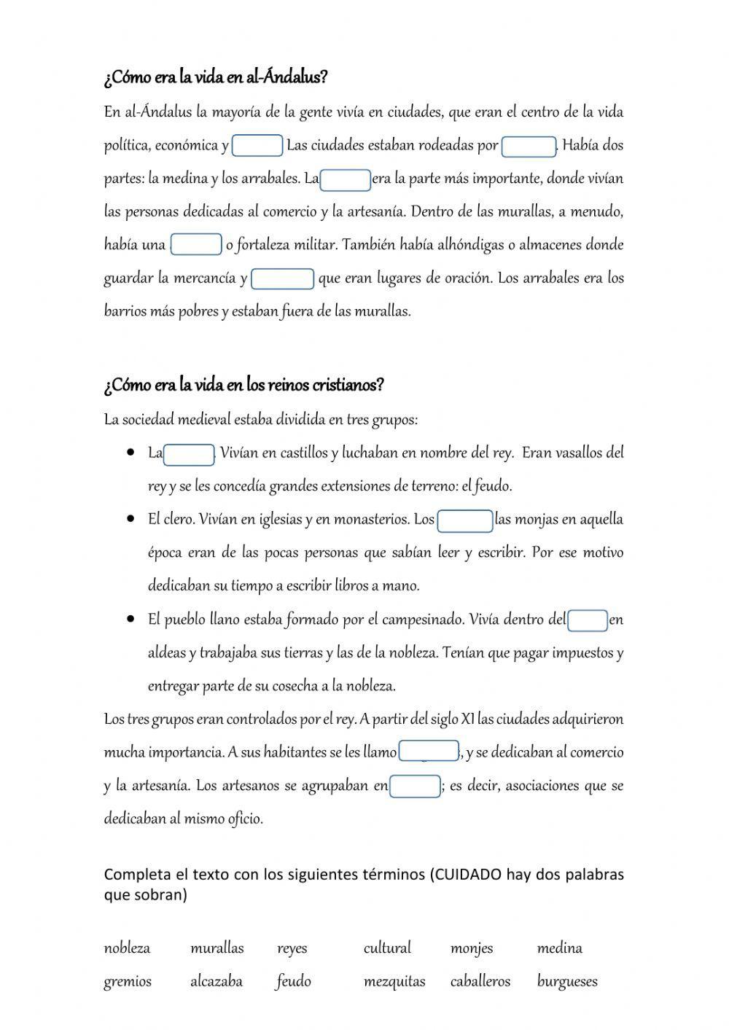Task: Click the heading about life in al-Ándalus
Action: pos(216,77)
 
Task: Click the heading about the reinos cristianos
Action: pos(243,385)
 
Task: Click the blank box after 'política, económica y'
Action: pos(257,146)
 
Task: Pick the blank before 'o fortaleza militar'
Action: pos(196,245)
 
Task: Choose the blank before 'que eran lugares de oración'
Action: pos(282,278)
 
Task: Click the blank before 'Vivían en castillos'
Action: pos(189,454)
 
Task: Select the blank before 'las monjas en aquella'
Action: pos(465,520)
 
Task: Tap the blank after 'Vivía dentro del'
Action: pos(588,620)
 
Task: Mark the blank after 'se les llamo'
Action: pos(429,752)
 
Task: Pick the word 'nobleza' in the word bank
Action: pos(127,948)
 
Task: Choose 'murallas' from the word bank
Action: pos(217,948)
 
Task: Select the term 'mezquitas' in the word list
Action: pos(394,982)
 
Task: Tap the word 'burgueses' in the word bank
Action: pos(567,982)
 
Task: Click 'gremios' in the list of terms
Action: pos(128,982)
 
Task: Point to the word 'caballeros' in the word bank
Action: pos(480,982)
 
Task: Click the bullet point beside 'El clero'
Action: pos(131,519)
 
